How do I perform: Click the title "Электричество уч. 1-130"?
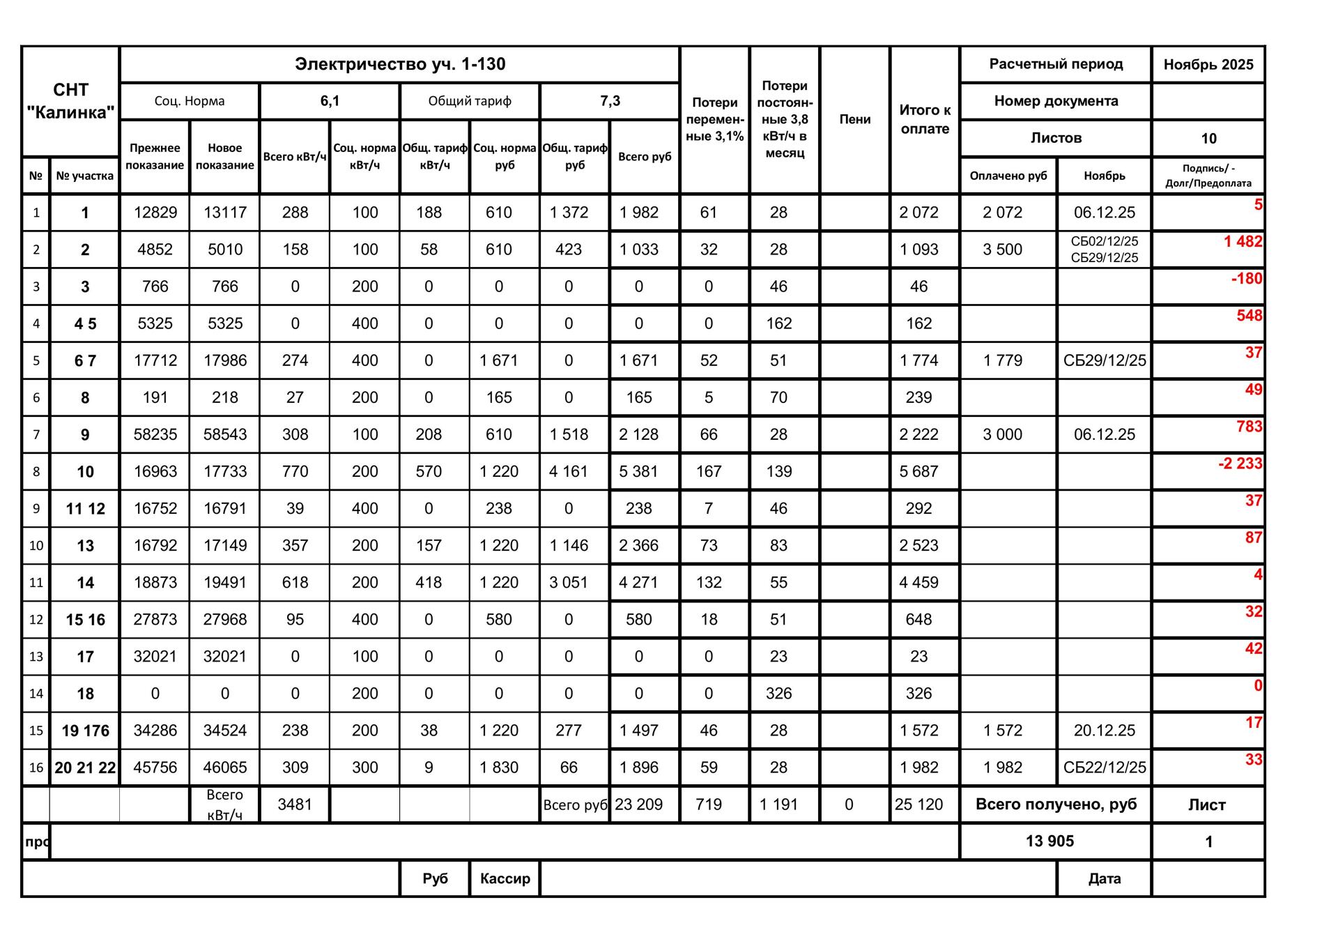[399, 64]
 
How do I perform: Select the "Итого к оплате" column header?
[924, 119]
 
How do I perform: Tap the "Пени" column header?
[854, 119]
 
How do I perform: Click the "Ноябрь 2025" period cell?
[1208, 65]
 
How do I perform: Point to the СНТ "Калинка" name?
[70, 101]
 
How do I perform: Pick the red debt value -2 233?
[1240, 464]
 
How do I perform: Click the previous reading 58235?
[155, 434]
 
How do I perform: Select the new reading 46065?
[224, 768]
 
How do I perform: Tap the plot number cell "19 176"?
[85, 731]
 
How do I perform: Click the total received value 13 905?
[1049, 841]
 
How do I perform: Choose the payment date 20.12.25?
[1104, 731]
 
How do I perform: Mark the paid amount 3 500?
[1002, 250]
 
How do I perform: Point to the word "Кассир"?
[505, 878]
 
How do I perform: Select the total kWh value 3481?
[295, 804]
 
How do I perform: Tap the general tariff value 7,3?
[610, 101]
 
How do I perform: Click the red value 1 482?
[1243, 242]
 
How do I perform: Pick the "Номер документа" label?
[1055, 101]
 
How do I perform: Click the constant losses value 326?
[778, 694]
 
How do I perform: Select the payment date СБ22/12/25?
[1104, 768]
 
